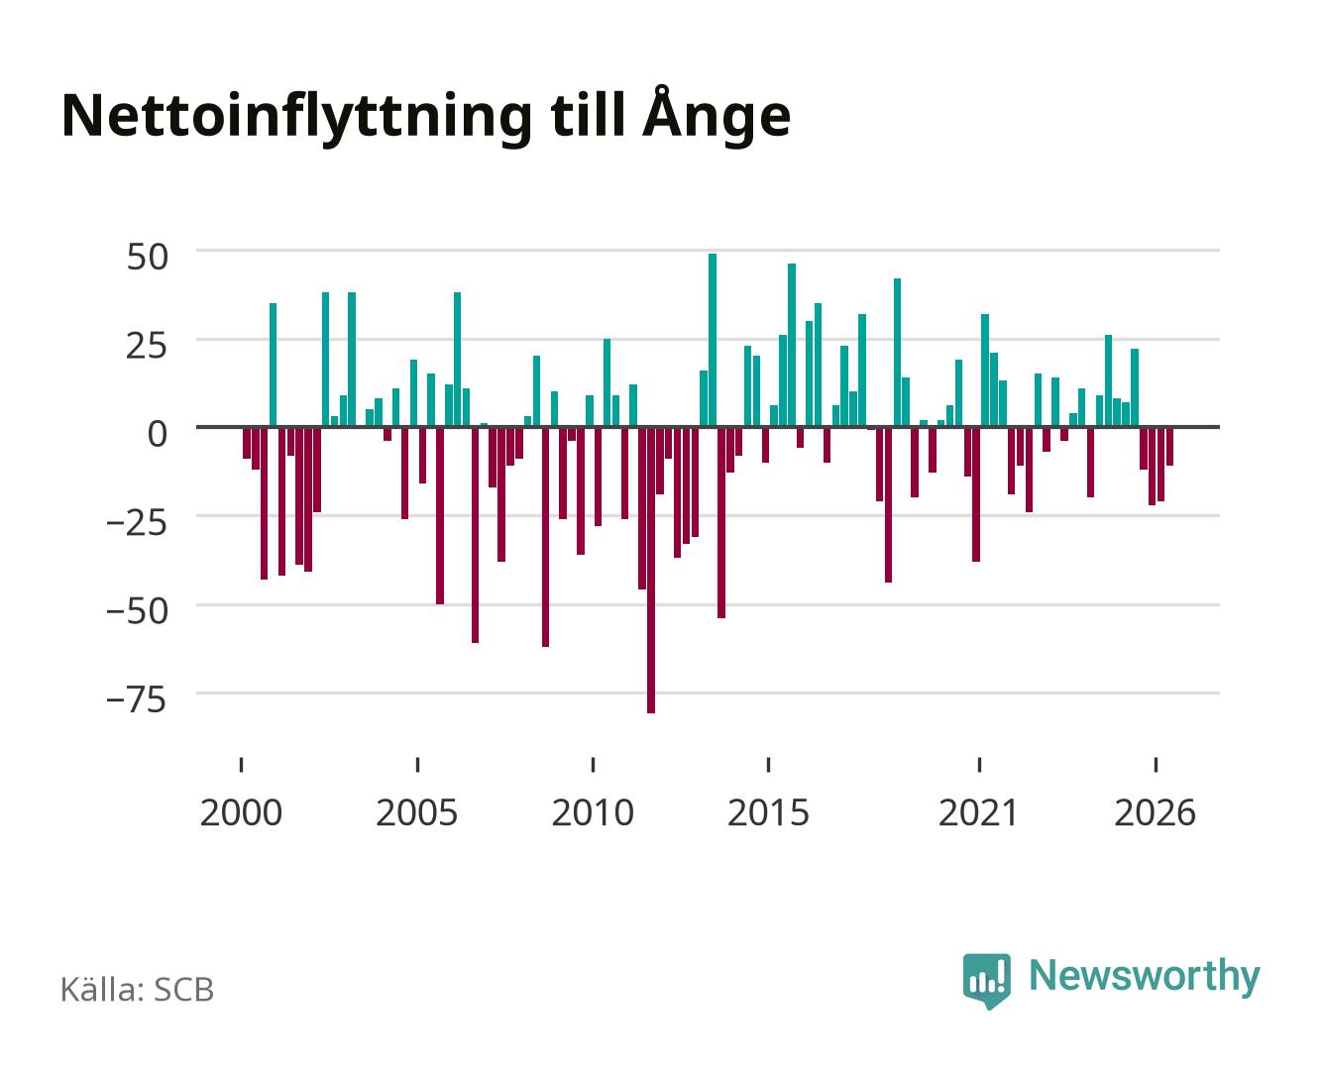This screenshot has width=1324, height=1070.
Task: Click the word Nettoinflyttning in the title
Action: pos(297,118)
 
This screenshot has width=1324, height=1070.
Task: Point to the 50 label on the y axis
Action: pos(148,257)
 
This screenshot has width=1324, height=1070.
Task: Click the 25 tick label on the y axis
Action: pos(147,346)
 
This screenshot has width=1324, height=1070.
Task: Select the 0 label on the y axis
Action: pos(158,434)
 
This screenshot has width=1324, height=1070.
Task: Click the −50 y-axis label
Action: pos(137,611)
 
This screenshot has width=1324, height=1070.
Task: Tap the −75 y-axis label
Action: pos(137,699)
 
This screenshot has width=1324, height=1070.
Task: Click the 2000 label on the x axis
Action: pos(241,812)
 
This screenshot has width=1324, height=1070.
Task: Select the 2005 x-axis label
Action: pos(417,812)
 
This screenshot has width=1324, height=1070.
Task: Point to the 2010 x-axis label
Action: pos(593,812)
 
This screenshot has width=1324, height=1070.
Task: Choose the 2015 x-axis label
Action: pos(768,812)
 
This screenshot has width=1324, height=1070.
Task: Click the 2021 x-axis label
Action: pos(978,812)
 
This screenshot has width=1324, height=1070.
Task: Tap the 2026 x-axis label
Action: pos(1155,812)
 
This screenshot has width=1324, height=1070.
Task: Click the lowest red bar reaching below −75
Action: pos(651,570)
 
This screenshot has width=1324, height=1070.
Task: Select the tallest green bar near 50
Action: pos(713,341)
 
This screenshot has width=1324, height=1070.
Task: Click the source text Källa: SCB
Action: pos(138,990)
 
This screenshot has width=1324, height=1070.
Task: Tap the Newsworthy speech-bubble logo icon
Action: pos(986,981)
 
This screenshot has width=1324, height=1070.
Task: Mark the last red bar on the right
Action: pos(1169,446)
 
